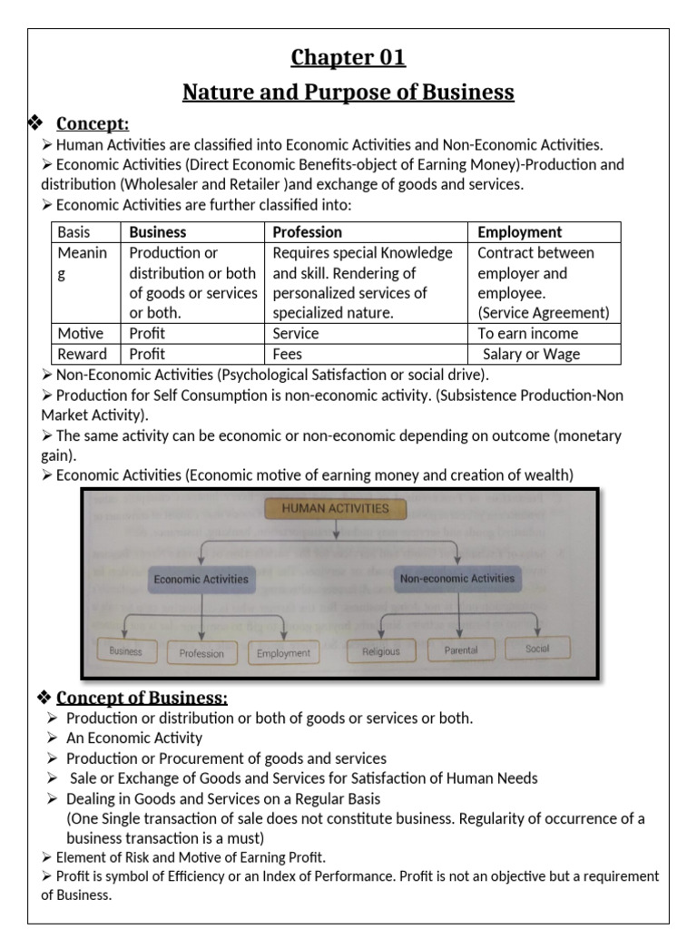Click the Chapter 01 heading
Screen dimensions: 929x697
[348, 57]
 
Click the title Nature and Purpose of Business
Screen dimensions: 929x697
[348, 92]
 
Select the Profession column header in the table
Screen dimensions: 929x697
[308, 232]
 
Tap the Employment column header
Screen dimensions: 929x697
[519, 232]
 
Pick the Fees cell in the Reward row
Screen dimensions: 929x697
[288, 354]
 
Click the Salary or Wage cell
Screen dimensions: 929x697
[531, 354]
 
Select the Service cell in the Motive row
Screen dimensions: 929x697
[296, 333]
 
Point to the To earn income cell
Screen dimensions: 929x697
[527, 333]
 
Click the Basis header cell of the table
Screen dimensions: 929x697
[74, 232]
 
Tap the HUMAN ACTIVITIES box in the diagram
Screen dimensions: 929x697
[335, 508]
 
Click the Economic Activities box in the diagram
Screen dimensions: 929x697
[201, 579]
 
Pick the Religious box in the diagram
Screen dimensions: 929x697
[380, 650]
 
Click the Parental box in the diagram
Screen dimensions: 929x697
[461, 650]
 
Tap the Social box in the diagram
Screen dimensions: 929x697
[537, 648]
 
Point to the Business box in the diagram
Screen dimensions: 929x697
[126, 650]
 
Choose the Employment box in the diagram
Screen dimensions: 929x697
[283, 652]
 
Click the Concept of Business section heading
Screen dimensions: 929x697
[142, 698]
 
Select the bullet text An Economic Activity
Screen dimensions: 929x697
[134, 738]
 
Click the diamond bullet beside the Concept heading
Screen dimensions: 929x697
[37, 123]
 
